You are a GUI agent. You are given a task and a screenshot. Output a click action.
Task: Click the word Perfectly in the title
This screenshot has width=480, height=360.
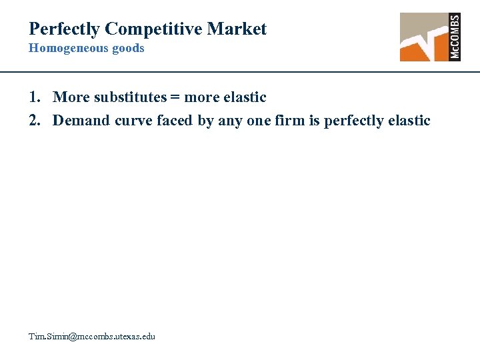click(64, 29)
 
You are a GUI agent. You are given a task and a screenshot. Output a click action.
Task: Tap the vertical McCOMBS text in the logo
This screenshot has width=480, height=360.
click(455, 37)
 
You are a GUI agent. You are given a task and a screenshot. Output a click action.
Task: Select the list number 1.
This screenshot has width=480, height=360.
click(34, 97)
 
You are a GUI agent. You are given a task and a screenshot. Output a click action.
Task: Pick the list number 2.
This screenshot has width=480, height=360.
click(34, 121)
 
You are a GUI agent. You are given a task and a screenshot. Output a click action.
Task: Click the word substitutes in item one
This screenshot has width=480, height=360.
click(129, 97)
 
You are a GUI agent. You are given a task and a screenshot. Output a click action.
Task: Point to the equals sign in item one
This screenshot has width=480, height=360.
click(175, 98)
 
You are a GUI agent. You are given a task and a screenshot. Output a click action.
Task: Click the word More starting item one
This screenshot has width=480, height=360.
click(71, 97)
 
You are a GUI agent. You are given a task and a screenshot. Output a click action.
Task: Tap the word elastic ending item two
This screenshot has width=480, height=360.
click(408, 121)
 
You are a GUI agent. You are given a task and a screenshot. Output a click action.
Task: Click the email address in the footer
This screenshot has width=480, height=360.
click(91, 337)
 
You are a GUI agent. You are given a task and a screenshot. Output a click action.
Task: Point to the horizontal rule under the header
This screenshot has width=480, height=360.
click(240, 71)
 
